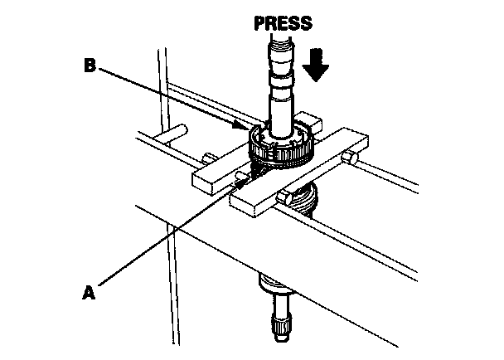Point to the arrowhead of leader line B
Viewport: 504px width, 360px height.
click(x=245, y=129)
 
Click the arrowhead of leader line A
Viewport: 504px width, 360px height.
click(x=247, y=176)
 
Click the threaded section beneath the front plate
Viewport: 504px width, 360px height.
click(x=303, y=199)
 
